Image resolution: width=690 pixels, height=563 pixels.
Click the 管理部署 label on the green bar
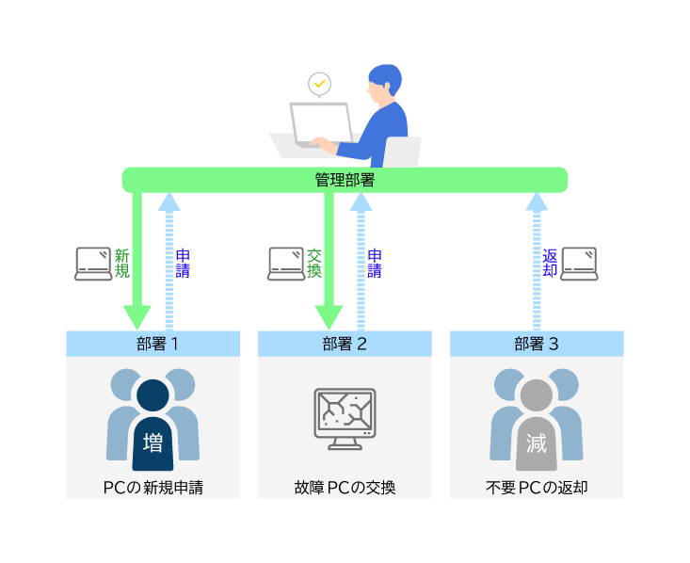tap(345, 179)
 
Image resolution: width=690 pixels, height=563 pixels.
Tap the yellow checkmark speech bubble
tap(320, 84)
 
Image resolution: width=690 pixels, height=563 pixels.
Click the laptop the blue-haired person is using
tap(320, 124)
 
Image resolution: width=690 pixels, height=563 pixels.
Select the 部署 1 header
tap(152, 344)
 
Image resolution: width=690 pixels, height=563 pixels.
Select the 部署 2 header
tap(345, 344)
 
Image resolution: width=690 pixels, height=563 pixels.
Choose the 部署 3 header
tap(537, 344)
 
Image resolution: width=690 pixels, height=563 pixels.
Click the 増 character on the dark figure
tap(152, 442)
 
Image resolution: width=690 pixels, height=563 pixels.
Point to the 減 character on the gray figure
tap(537, 442)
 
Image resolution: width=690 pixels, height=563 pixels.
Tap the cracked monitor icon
tap(345, 417)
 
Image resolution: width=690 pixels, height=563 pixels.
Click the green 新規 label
tap(121, 263)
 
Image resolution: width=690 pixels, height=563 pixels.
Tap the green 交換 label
tap(314, 263)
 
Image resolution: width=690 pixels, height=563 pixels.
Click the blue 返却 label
tap(550, 263)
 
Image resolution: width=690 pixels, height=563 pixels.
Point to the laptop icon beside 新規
tap(93, 264)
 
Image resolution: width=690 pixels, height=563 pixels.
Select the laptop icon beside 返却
tap(579, 264)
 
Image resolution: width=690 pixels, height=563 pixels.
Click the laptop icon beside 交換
tap(286, 264)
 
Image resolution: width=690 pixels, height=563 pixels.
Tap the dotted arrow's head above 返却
tap(537, 201)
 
